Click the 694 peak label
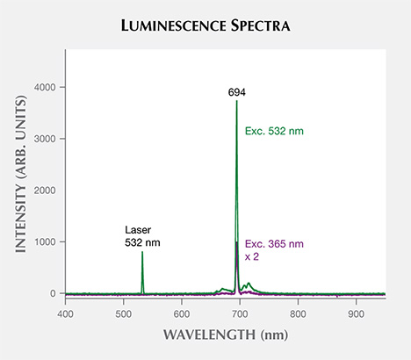(x=235, y=90)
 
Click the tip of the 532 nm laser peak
(x=142, y=253)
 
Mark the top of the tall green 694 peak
(x=236, y=101)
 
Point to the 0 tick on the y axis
(x=54, y=293)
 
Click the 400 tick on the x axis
(x=65, y=313)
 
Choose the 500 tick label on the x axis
(x=123, y=313)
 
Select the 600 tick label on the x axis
(x=181, y=313)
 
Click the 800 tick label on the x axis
(x=298, y=313)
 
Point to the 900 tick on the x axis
(x=356, y=313)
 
